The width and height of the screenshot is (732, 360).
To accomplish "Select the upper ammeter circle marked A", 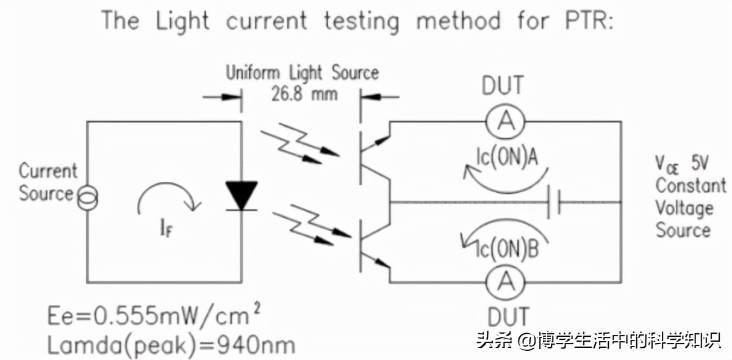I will pos(504,123).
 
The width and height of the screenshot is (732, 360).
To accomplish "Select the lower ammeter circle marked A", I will pos(504,282).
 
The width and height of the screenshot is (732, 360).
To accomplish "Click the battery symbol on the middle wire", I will pos(554,202).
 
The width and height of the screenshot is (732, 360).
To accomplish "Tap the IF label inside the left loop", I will pos(167,231).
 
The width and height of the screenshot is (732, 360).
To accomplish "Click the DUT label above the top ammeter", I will pos(503,86).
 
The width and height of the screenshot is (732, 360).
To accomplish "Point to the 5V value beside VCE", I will pos(701,164).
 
